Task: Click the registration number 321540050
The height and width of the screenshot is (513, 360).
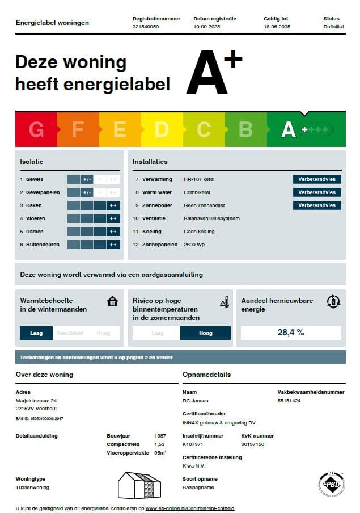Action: click(146, 27)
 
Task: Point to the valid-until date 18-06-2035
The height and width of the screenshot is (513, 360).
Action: click(277, 27)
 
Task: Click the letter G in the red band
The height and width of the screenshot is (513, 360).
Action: click(36, 130)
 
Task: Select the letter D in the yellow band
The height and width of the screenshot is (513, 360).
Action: click(162, 130)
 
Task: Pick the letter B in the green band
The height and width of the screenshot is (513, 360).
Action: click(245, 130)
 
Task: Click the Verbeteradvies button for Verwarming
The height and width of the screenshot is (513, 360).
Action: click(317, 179)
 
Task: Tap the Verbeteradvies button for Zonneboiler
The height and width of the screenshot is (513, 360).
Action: click(317, 205)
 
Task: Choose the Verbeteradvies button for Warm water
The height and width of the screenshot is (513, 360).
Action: click(317, 192)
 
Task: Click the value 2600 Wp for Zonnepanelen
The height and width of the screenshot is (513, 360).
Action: click(194, 245)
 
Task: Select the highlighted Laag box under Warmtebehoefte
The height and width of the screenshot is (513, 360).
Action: click(36, 333)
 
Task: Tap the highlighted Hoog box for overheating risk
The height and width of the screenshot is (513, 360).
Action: click(205, 333)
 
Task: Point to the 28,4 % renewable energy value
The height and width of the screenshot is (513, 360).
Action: click(291, 333)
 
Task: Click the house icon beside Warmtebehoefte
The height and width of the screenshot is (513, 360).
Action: click(112, 301)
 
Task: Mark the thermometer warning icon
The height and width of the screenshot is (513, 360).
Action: click(225, 302)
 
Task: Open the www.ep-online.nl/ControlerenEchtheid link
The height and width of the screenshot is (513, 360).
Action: click(190, 508)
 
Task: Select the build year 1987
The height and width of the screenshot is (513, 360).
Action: click(160, 436)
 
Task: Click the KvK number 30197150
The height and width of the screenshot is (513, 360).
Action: click(253, 444)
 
